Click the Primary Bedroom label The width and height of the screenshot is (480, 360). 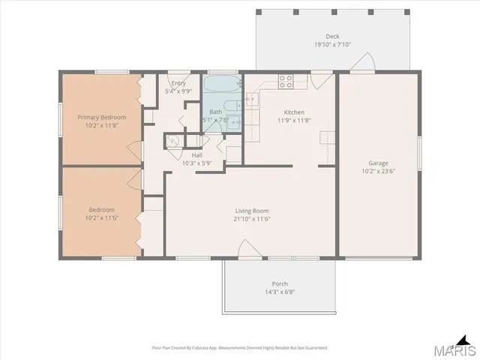pos(102,117)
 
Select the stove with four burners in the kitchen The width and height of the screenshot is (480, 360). pos(286,79)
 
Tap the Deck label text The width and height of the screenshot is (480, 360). pos(332,36)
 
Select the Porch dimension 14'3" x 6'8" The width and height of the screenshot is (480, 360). pos(280,292)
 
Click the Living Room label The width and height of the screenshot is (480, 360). pos(251,211)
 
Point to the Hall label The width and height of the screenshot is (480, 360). pos(197,154)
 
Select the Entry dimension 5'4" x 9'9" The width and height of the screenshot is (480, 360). pos(178,91)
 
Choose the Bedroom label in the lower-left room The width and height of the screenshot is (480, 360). pos(101,209)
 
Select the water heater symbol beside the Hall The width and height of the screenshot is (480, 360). pos(172,139)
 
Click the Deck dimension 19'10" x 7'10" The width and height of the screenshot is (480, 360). pos(332,44)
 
